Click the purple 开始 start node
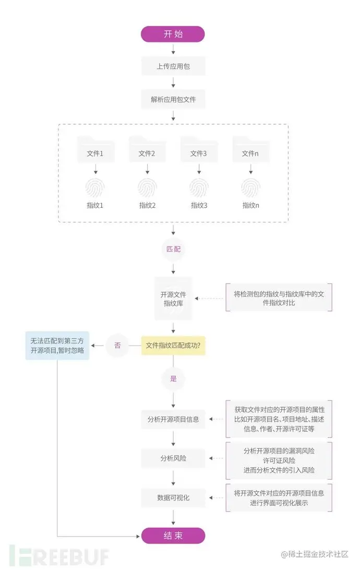(173, 34)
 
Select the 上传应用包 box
(173, 66)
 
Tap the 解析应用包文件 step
(173, 99)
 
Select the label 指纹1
(95, 205)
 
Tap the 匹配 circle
(173, 250)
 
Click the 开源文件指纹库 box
(173, 299)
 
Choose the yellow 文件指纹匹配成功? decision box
(173, 345)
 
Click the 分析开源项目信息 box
(173, 419)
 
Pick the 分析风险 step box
(173, 458)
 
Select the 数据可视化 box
(173, 497)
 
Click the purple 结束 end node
(173, 535)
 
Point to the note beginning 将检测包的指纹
(279, 298)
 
